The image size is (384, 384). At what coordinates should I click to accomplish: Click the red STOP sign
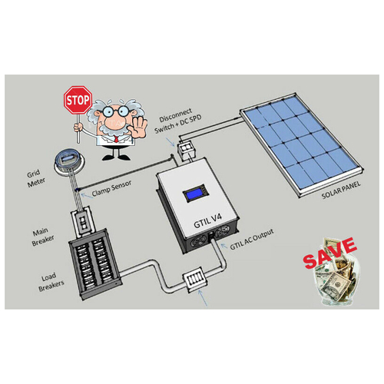[78, 100]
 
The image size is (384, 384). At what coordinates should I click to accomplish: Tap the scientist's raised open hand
[140, 127]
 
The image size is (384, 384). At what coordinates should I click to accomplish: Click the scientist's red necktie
[117, 139]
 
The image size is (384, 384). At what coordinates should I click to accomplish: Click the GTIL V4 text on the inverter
[207, 221]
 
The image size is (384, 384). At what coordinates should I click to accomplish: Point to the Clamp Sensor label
[111, 188]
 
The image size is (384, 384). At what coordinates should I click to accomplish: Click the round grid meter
[69, 162]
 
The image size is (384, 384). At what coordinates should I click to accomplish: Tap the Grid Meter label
[36, 178]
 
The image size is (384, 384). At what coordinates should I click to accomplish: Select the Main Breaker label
[43, 237]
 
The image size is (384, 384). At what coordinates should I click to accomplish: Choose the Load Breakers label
[51, 282]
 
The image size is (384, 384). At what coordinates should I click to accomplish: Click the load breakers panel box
[94, 264]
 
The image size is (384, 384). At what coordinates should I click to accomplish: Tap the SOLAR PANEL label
[341, 190]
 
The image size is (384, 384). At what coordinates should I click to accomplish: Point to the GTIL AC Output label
[252, 240]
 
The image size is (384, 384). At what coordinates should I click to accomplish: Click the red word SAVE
[329, 253]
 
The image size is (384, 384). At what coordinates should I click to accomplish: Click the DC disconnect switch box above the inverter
[186, 151]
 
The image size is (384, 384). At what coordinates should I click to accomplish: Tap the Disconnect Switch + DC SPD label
[178, 121]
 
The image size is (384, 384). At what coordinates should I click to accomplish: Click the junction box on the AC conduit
[195, 280]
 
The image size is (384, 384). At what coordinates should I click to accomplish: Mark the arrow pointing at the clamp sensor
[86, 196]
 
